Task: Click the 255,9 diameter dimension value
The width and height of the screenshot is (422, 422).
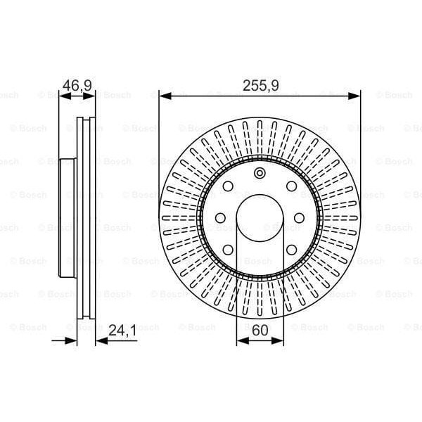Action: [x=260, y=86]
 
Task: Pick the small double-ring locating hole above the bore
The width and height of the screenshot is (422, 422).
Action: [x=260, y=174]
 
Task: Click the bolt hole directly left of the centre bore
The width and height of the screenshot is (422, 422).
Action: [x=219, y=217]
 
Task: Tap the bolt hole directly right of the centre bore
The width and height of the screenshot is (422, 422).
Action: [x=300, y=217]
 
